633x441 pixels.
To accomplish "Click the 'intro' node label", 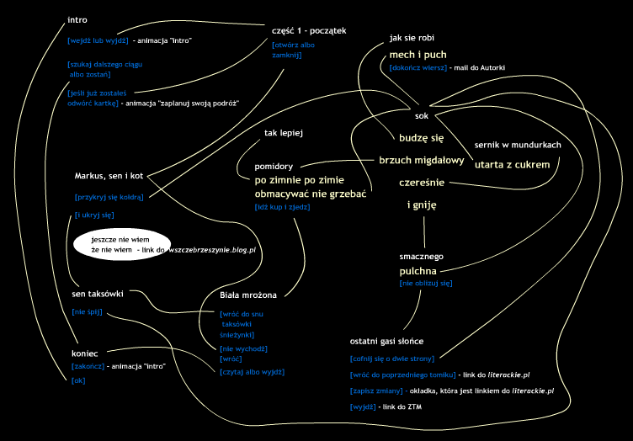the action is coord(77,19).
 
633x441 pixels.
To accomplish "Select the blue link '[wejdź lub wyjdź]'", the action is coord(98,40).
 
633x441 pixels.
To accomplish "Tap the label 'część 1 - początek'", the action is coord(309,30).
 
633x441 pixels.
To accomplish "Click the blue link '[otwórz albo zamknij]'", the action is coord(293,50).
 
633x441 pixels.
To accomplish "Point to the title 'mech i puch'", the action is coord(418,55).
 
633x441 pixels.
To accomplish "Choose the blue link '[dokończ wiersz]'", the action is coord(418,68).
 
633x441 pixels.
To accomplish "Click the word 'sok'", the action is coord(422,116).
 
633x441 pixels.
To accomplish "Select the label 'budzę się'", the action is coord(421,138).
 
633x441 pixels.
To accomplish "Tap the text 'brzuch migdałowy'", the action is coord(422,161).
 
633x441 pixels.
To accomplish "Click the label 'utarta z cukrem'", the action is coord(512,165).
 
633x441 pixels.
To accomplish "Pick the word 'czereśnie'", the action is coord(422,183).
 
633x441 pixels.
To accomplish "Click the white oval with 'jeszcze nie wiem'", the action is coord(122,245).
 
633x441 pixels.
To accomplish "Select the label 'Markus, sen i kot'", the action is coord(109,176).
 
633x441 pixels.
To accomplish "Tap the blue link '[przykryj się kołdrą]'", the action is coord(109,197).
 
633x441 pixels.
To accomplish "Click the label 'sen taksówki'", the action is coord(98,294).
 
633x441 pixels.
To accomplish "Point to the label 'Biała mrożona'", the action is coord(248,295).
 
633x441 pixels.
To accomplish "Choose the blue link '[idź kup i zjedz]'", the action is coord(282,207).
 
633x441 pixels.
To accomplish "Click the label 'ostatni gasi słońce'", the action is coord(386,342).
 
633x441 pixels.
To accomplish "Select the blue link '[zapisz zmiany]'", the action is coord(376,391).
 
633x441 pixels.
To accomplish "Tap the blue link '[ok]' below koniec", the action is coord(78,380).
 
